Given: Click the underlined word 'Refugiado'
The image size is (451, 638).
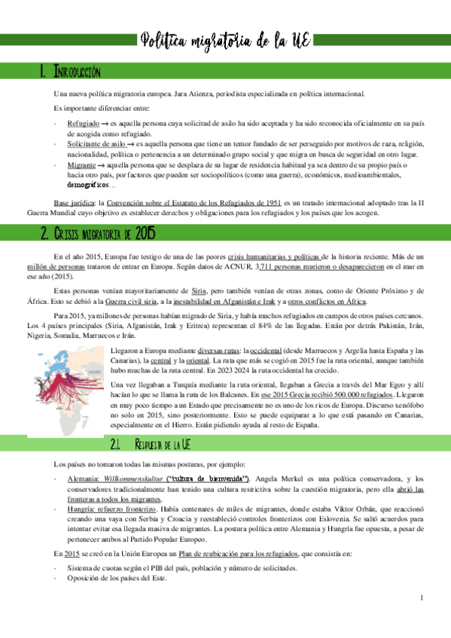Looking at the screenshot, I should tap(82, 122).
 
